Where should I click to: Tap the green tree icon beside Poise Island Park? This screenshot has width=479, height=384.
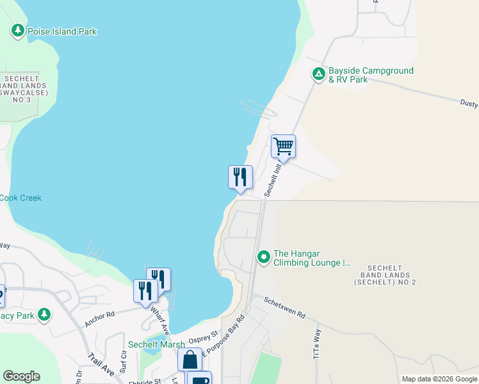point(18,31)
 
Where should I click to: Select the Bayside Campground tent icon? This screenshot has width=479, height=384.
point(318,75)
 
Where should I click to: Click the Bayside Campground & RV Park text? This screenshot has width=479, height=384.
point(371,75)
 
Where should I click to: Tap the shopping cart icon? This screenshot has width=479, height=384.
point(283,147)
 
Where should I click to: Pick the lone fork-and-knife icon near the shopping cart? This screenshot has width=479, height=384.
point(240,177)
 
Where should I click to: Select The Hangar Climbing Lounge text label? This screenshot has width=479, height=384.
point(313,258)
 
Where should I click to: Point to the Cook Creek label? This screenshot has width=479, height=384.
point(20,198)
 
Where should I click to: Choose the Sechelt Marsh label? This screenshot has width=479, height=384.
point(156,344)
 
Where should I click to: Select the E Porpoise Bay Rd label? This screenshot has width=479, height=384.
point(223,336)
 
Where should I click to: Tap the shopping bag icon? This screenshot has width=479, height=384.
point(190,360)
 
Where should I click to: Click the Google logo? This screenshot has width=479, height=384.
point(21,376)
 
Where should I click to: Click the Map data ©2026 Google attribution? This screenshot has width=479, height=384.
point(439,379)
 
